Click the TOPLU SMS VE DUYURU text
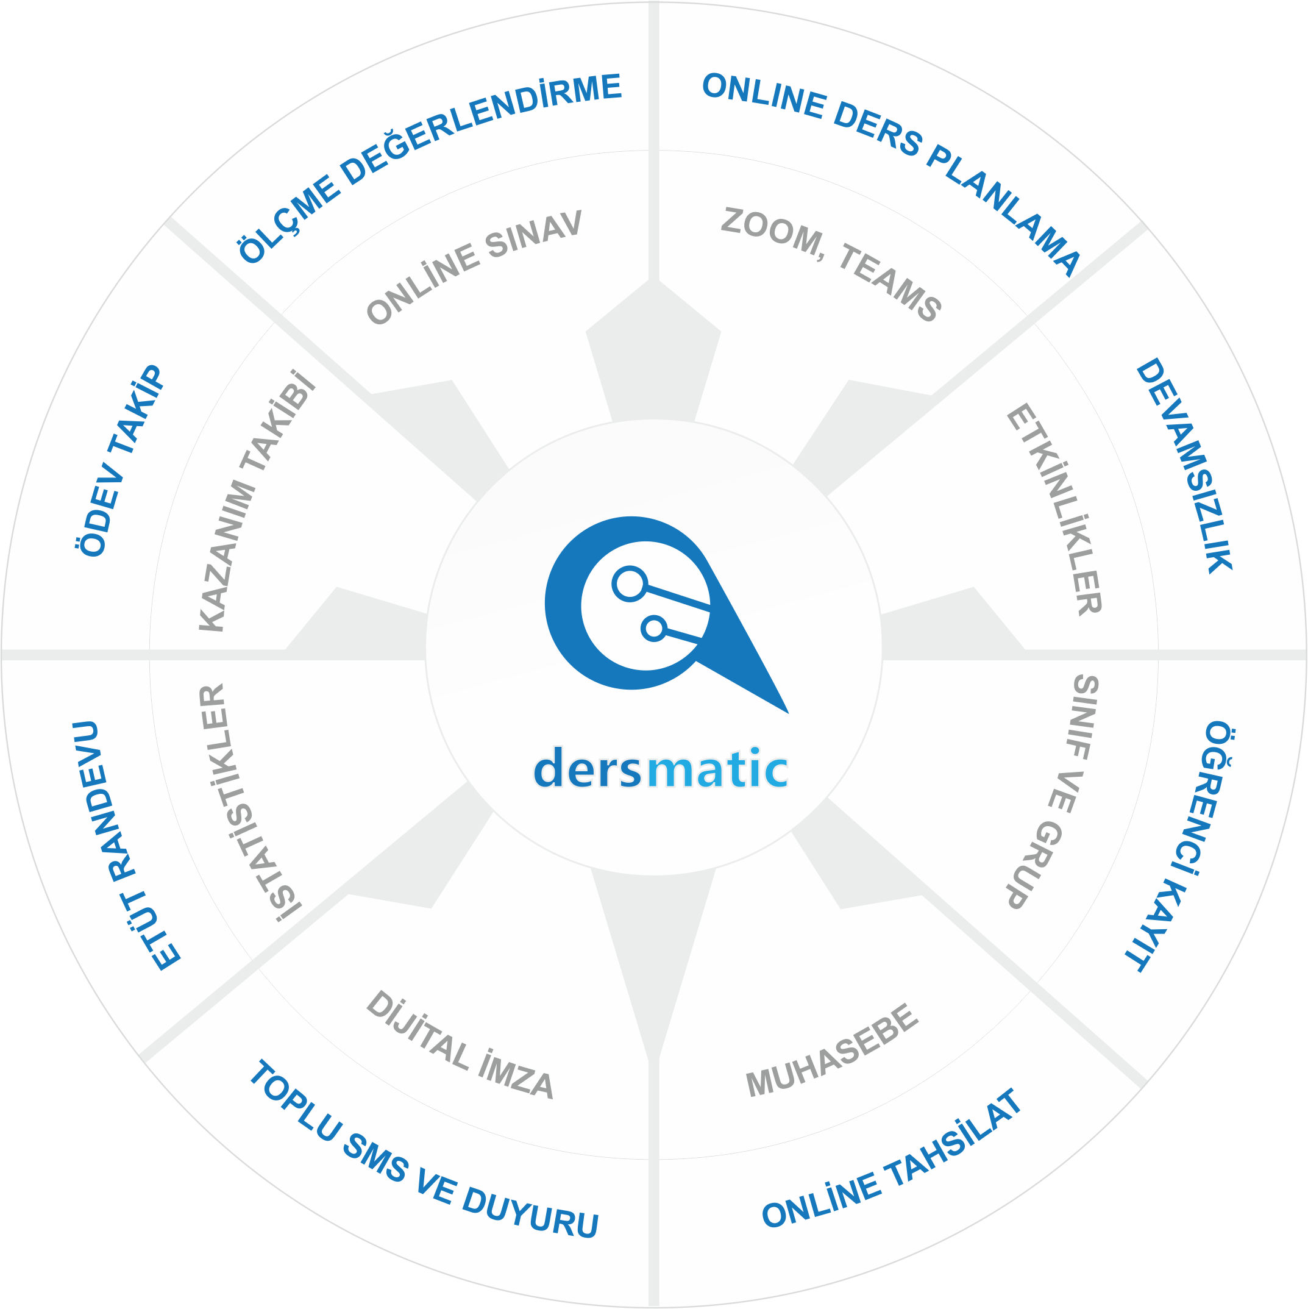pos(424,1149)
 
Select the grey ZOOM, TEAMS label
pos(831,264)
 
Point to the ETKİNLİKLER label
pos(1054,509)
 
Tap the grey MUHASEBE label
pos(833,1049)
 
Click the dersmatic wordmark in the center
pos(661,768)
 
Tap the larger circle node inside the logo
pos(629,583)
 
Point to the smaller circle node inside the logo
pos(653,629)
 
